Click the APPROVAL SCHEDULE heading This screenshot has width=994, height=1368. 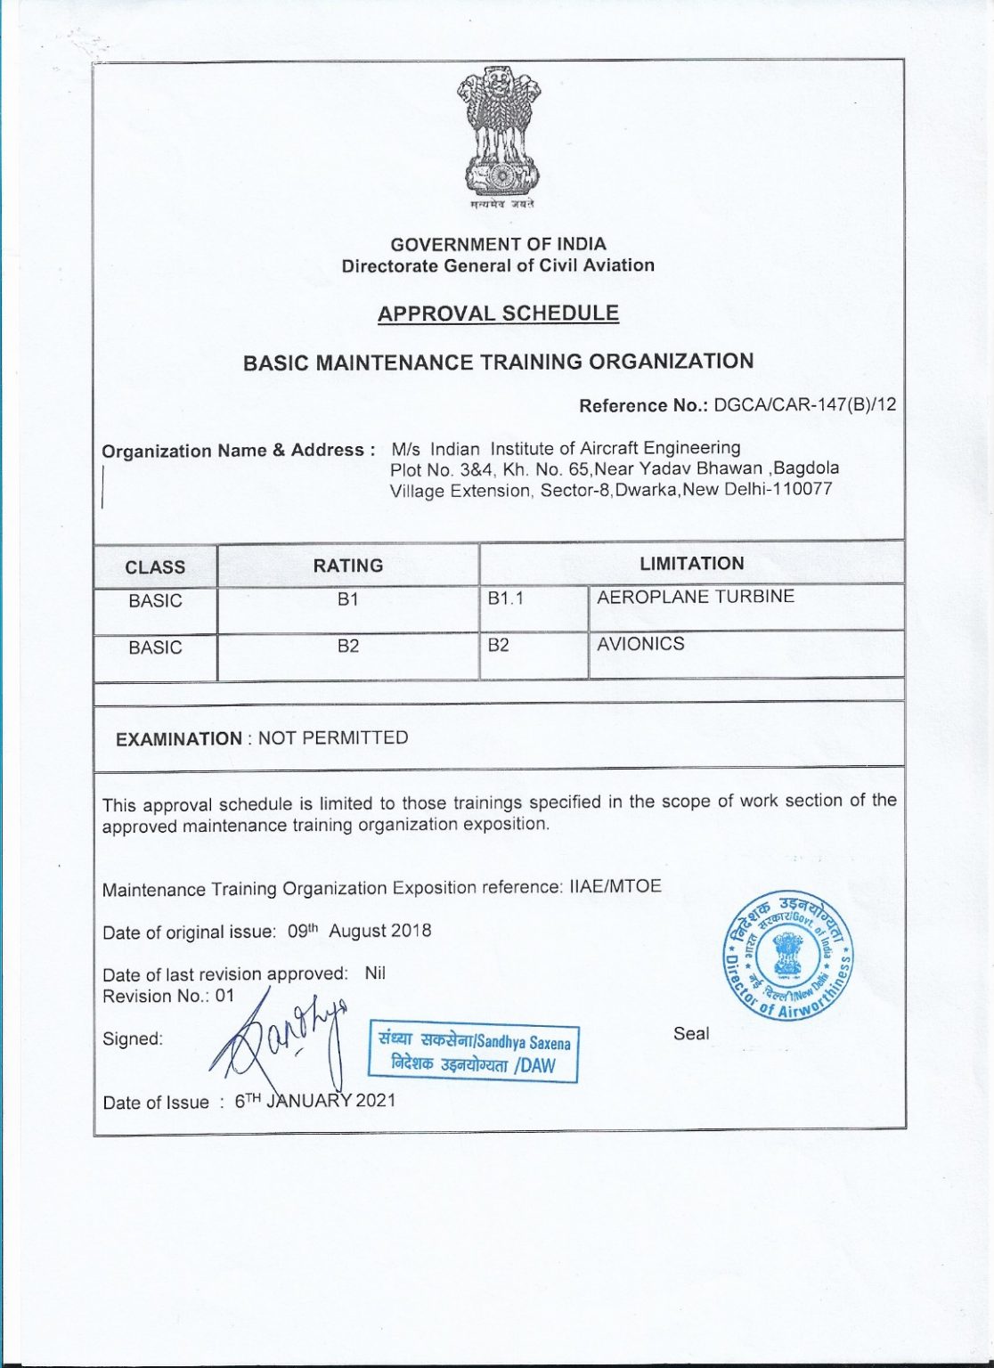[x=498, y=313]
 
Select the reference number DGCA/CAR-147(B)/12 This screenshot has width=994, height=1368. [x=805, y=404]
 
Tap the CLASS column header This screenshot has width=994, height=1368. [x=155, y=567]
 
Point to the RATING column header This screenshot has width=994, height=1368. [x=348, y=566]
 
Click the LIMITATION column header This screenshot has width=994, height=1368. [x=691, y=563]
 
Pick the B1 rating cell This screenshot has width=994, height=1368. [x=348, y=599]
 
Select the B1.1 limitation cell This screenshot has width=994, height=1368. [x=505, y=598]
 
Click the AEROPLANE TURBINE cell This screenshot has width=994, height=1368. [x=696, y=597]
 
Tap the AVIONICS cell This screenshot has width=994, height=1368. [x=640, y=644]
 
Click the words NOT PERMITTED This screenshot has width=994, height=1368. [x=333, y=737]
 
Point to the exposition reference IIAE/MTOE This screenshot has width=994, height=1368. [x=615, y=886]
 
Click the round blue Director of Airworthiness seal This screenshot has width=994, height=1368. [x=787, y=953]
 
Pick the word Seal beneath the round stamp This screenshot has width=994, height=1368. [x=691, y=1033]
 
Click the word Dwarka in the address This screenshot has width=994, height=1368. [x=646, y=490]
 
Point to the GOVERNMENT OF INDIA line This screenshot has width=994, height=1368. [x=498, y=244]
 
